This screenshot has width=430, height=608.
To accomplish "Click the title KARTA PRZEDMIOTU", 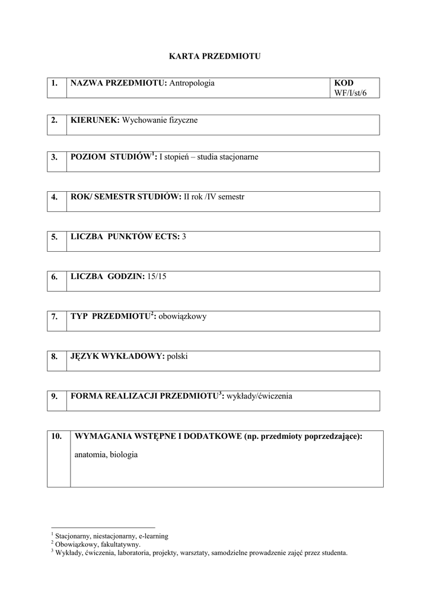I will [215, 56].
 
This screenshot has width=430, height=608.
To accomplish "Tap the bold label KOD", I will [343, 83].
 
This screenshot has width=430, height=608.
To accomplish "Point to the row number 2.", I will [55, 120].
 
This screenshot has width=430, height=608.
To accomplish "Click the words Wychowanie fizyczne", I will [160, 120].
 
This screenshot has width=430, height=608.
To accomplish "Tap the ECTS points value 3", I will [184, 236].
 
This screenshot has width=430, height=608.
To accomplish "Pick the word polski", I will [177, 356].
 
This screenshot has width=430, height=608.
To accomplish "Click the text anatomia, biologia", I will [106, 455].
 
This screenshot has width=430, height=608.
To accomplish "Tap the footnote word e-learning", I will [153, 536].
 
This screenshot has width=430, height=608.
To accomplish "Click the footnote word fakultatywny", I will [121, 544].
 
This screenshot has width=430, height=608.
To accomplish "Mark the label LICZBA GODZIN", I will [107, 276].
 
